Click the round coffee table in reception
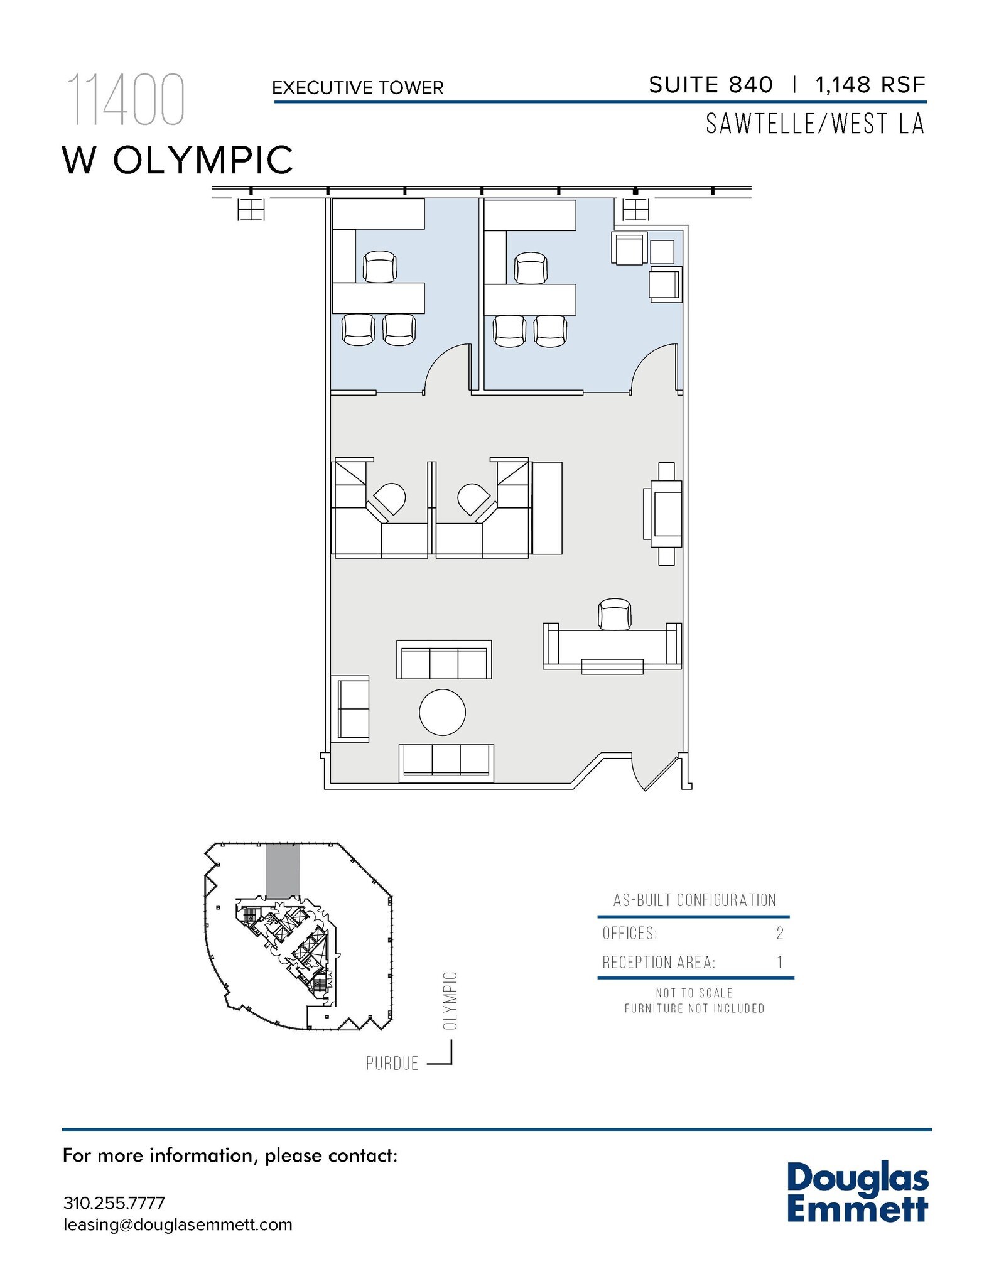[442, 712]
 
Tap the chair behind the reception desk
[614, 613]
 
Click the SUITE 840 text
[710, 85]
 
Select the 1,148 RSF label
[870, 85]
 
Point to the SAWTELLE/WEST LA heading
[814, 124]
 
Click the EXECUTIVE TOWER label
[357, 87]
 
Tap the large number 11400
[126, 100]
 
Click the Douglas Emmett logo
[856, 1192]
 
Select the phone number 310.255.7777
[114, 1203]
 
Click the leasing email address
[178, 1225]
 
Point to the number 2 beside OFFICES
[780, 934]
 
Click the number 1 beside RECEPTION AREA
[779, 963]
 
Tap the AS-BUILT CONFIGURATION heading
[694, 900]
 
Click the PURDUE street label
[392, 1064]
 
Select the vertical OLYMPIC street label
[450, 1001]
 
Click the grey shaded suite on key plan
[283, 870]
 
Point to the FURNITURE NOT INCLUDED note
[694, 1008]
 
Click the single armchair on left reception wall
[352, 709]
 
